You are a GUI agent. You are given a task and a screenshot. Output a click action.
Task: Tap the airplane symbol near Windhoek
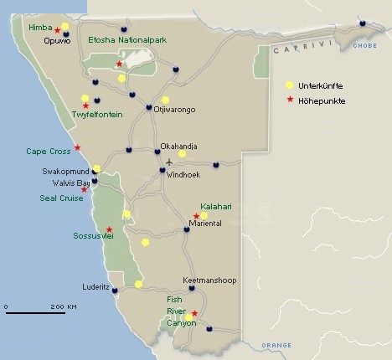[171, 162]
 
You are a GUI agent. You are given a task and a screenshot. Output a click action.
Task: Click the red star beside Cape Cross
[78, 148]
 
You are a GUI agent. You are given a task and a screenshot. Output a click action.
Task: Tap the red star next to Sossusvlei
[109, 229]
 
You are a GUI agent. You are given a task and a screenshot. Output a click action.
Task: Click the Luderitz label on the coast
[95, 286]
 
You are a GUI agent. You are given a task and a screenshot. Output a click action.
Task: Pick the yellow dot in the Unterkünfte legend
[290, 85]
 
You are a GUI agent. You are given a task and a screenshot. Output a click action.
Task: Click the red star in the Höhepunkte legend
[290, 100]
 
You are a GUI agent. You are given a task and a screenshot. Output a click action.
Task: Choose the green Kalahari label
[214, 206]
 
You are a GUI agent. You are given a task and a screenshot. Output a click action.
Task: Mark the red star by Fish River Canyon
[194, 314]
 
